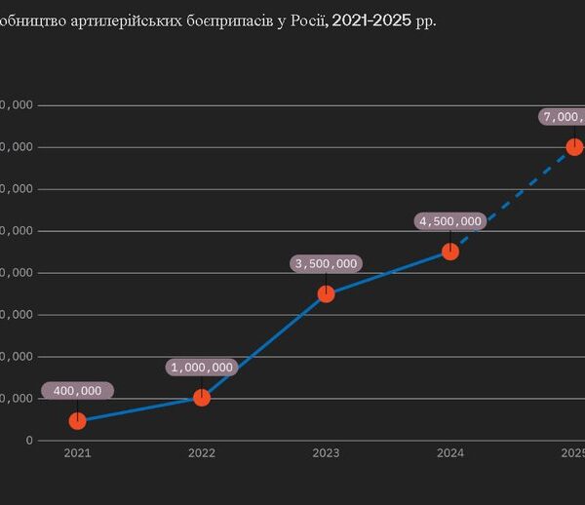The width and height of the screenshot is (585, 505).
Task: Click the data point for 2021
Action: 77,420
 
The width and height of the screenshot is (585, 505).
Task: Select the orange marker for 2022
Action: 202,397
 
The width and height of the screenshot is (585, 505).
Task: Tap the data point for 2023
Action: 326,293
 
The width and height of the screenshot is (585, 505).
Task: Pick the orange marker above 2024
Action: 450,251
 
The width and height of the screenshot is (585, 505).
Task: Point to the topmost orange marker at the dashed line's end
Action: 574,146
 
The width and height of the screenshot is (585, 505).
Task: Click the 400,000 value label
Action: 77,391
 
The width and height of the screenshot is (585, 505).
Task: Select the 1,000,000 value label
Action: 202,368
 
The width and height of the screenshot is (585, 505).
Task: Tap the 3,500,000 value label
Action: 326,263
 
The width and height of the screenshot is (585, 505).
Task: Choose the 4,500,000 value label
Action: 450,221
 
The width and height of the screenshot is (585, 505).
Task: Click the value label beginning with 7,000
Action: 564,117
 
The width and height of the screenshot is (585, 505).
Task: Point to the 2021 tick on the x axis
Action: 77,453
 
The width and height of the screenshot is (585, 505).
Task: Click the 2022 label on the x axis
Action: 202,453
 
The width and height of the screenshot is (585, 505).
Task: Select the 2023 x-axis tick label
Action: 326,453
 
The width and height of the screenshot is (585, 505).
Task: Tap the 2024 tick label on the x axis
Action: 450,453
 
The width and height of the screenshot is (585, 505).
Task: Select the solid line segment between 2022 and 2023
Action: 263,346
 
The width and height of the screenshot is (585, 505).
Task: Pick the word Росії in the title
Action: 303,20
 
